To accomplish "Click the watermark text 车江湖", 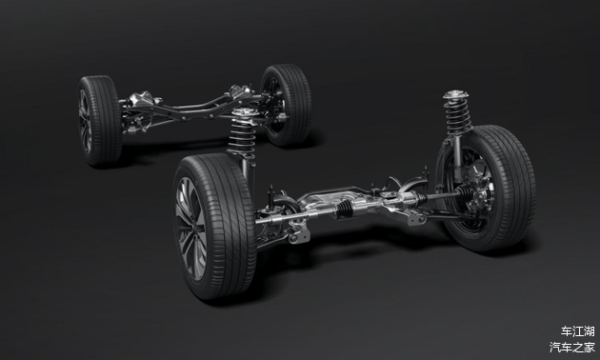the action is [x=577, y=330].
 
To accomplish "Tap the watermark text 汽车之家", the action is [x=572, y=347].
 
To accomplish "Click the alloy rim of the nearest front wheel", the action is [x=190, y=228].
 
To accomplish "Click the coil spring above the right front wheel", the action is [x=457, y=114].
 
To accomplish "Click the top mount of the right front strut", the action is [x=456, y=94].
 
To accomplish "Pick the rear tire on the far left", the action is [x=100, y=121].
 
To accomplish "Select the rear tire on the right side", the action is [x=287, y=105].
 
